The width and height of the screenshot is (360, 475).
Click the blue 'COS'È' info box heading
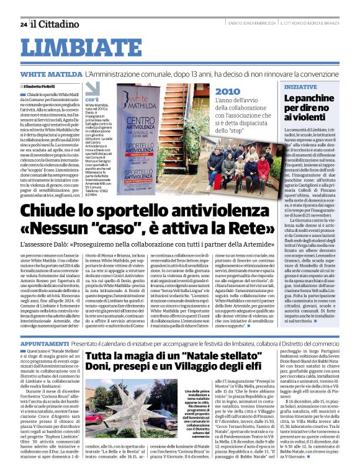(92, 99)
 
